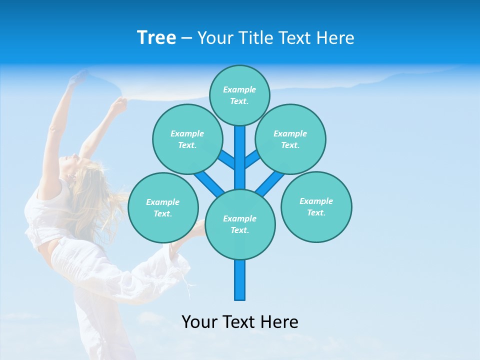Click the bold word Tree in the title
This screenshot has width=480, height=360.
point(156,37)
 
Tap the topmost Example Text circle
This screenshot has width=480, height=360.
point(239,95)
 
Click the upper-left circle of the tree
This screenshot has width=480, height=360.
point(187,139)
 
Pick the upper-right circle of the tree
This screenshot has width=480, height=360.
point(290,139)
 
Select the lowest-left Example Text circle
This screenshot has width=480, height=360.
point(163,207)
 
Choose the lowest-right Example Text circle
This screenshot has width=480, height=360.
point(316,206)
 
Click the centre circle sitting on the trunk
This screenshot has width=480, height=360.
point(240,224)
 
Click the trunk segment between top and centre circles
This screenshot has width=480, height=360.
point(240,157)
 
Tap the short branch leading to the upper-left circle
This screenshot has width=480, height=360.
point(226,159)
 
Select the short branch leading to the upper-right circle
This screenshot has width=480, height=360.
point(253,159)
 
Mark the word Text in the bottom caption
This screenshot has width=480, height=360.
point(240,321)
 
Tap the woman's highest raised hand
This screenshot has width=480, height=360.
point(78,77)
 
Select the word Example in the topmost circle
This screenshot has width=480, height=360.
point(239,89)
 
